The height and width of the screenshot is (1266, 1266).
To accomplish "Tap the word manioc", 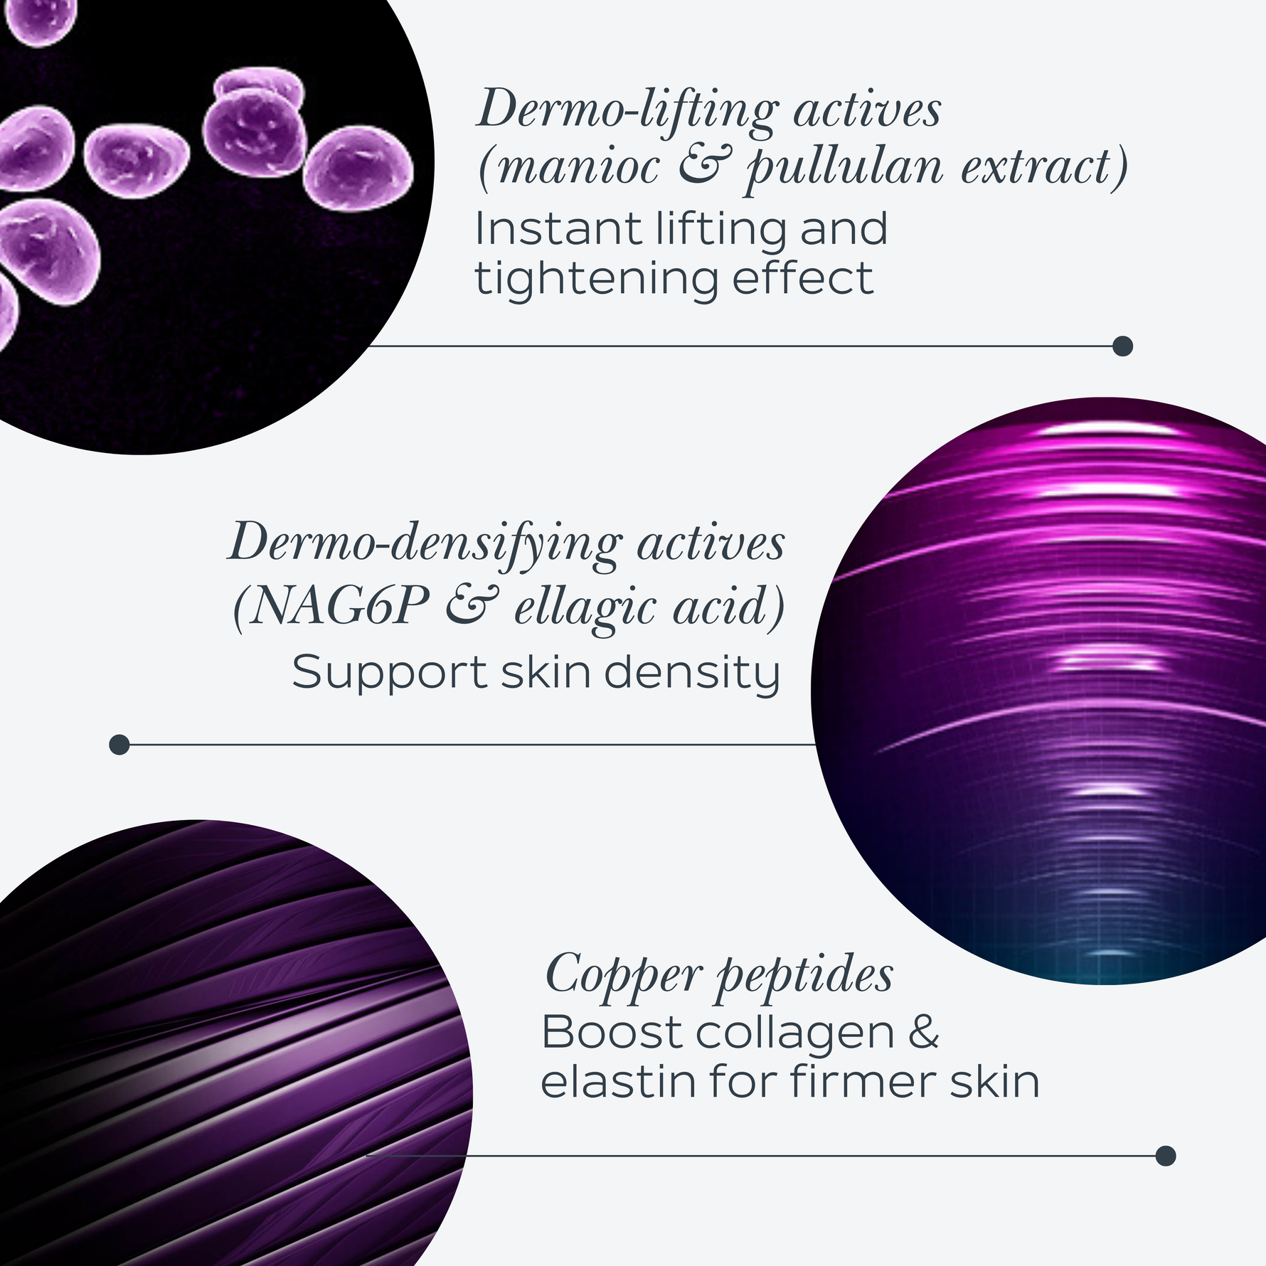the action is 579,168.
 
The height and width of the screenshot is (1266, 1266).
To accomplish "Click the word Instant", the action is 558,229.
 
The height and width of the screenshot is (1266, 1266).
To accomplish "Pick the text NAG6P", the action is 339,606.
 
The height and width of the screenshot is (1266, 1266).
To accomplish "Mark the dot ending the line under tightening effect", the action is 1122,346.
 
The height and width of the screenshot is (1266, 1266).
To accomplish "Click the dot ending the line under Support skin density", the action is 119,745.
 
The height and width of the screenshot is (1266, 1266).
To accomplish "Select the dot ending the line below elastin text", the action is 1165,1156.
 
